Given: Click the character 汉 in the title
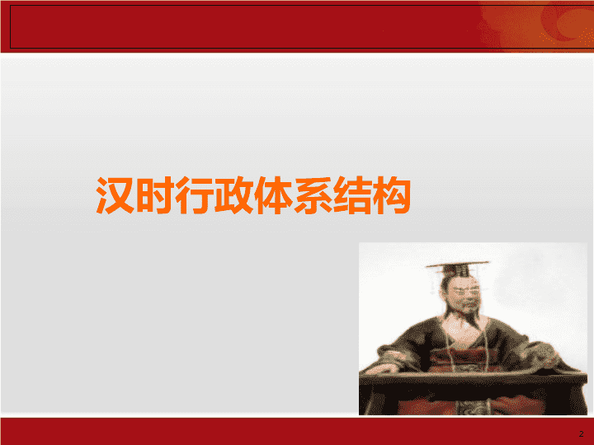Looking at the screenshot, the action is tap(115, 195).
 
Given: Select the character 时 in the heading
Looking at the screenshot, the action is tap(155, 195).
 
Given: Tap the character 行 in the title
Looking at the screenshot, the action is tap(194, 195).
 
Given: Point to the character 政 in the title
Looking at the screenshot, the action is tap(233, 195).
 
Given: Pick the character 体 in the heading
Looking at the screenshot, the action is tap(273, 195).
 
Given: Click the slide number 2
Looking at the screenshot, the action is tap(581, 434).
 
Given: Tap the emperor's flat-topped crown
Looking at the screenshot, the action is tap(458, 268).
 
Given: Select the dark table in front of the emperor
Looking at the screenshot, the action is tap(473, 394).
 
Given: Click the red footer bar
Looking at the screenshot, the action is tap(297, 431).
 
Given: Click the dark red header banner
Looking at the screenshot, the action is tap(243, 26).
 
